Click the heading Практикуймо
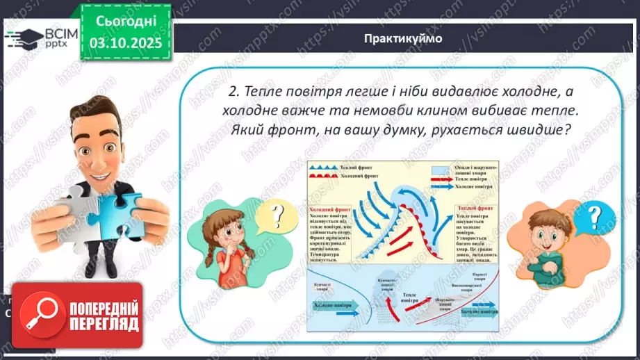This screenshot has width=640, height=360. point(402,38)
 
